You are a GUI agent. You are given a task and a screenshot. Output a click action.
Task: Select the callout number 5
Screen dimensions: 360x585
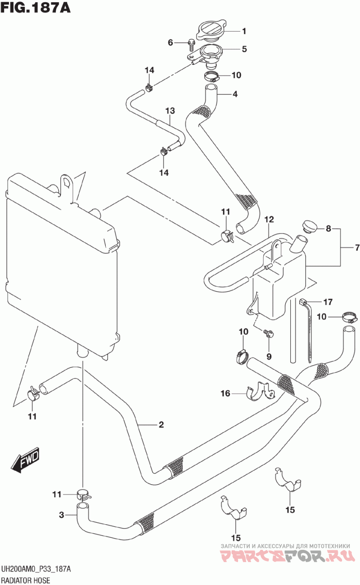point(244,49)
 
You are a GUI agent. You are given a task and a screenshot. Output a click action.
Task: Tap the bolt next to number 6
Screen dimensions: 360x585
point(190,45)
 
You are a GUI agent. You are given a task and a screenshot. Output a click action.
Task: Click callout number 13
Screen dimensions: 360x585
point(170,111)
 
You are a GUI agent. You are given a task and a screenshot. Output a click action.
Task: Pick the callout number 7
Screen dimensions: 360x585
point(357,247)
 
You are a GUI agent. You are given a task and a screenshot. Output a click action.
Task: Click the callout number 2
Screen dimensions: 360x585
point(161,424)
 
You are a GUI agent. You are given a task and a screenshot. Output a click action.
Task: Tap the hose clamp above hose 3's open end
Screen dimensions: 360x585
point(84,495)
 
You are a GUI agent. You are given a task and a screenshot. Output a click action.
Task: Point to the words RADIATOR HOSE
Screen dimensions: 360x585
point(26,580)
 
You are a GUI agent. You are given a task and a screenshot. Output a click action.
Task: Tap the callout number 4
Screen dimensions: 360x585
point(235,94)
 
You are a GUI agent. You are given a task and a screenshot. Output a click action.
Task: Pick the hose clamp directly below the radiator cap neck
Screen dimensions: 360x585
point(211,76)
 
